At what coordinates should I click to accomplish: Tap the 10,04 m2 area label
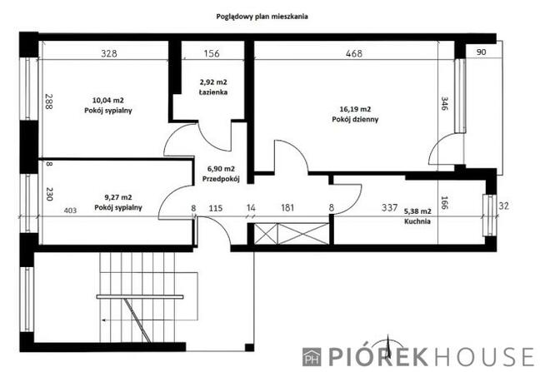pos(109,100)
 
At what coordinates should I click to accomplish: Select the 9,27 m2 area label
pos(114,198)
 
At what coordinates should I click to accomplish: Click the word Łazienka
pos(212,92)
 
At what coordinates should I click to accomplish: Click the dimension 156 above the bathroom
pos(212,53)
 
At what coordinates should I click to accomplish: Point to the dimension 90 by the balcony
pos(481,52)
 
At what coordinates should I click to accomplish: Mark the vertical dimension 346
pos(444,105)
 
